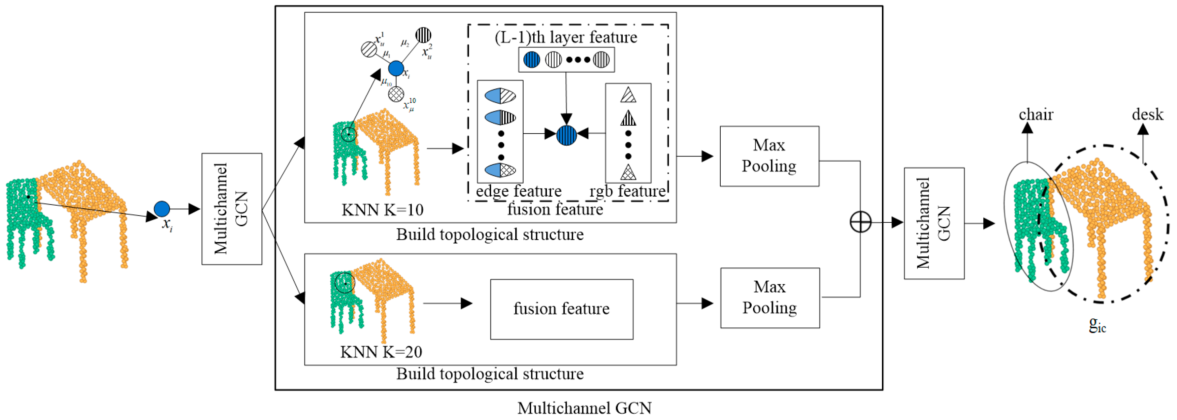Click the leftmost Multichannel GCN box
pos(232,209)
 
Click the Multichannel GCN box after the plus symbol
pos(934,223)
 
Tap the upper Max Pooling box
pos(769,156)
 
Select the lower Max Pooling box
pos(770,297)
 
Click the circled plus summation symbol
pos(860,222)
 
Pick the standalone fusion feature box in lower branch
pos(561,309)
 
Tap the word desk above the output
pos(1147,114)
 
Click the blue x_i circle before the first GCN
pos(162,209)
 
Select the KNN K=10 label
pos(383,210)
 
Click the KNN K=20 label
pos(381,352)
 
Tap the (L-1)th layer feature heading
pos(566,37)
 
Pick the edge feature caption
pos(519,191)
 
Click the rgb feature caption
pos(627,191)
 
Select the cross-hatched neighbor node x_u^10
pos(396,94)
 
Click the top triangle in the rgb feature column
pos(628,95)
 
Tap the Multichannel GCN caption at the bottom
pos(584,408)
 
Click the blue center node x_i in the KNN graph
pos(396,68)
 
